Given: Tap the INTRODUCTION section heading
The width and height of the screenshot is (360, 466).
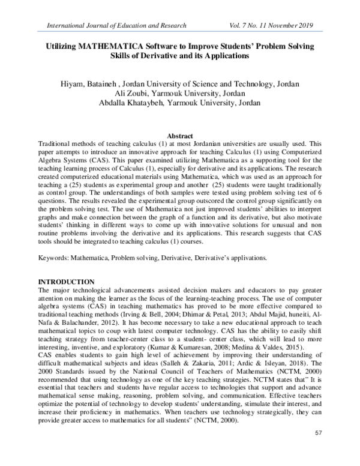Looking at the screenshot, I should point(66,282).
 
